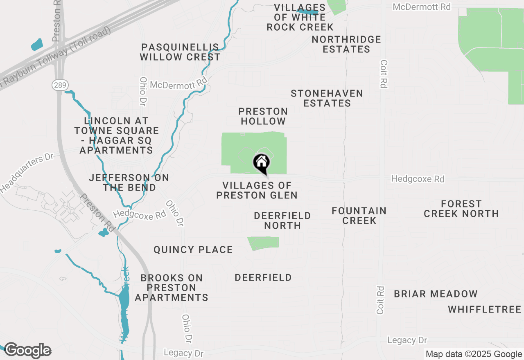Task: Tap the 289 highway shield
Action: pos(57,85)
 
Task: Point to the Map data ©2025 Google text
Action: pos(474,354)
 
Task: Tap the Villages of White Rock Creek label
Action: pos(300,17)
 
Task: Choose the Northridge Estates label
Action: pos(346,44)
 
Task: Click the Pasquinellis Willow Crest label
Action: pos(180,52)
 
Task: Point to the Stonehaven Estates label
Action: pos(327,98)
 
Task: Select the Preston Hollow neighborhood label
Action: pos(263,116)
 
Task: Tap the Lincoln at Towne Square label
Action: pos(116,135)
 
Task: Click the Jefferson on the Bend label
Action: pos(129,182)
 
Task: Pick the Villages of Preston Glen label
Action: pos(257,191)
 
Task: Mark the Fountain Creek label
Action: pos(359,216)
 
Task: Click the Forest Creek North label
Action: pos(461,209)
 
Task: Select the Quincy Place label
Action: pos(193,250)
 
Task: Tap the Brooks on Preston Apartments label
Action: pos(172,288)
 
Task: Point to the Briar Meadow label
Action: pos(436,294)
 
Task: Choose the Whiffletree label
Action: pos(485,309)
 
